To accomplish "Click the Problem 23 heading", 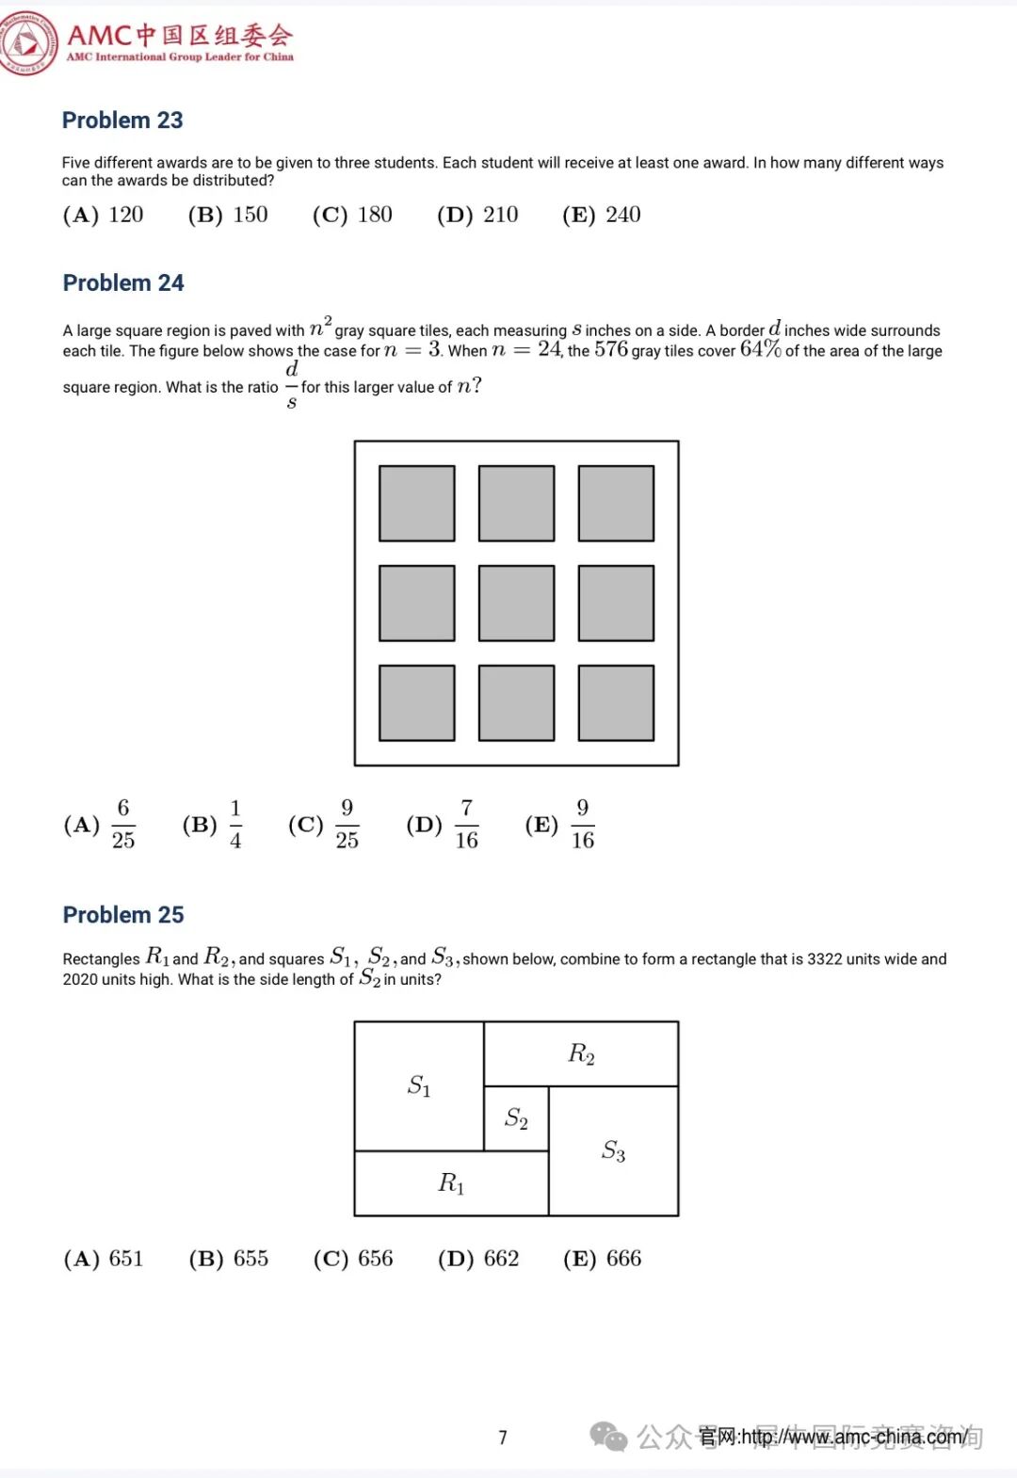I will point(122,120).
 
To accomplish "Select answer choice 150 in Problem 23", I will point(228,215).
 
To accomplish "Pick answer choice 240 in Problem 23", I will point(602,215).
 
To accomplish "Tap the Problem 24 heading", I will point(123,283).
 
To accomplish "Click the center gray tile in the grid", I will point(516,603).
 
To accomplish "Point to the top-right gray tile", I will point(616,504).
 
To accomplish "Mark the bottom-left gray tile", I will point(417,703).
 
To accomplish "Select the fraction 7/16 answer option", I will point(444,825).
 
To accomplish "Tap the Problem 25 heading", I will point(123,915).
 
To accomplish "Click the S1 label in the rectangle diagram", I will point(419,1086).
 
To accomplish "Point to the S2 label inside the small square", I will point(516,1118).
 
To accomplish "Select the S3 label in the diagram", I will point(613,1150).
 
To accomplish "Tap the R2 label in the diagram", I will point(581,1053).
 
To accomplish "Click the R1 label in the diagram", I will point(451,1183).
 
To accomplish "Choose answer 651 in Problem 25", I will point(104,1259).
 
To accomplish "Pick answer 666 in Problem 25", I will point(603,1259).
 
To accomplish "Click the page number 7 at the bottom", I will point(503,1438).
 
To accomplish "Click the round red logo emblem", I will point(28,42).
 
